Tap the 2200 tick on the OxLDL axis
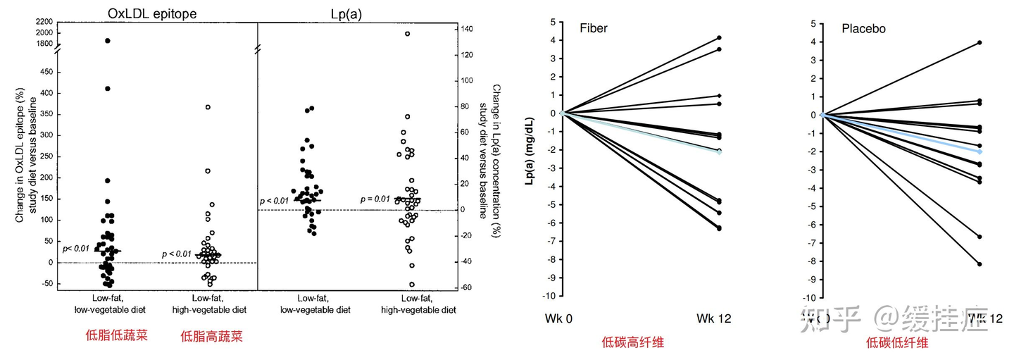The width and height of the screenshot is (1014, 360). [43, 23]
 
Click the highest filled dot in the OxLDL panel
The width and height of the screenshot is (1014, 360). [108, 41]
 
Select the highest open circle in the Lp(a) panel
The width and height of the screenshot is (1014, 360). [407, 33]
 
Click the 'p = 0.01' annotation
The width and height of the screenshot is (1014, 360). [375, 199]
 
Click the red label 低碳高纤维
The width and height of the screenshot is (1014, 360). [633, 343]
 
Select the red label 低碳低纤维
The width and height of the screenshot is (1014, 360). [897, 343]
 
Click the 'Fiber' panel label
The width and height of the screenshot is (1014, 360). [594, 29]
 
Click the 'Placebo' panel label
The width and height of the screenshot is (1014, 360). [863, 29]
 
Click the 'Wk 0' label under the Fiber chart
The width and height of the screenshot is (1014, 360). [558, 318]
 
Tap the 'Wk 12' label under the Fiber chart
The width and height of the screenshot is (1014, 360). [714, 318]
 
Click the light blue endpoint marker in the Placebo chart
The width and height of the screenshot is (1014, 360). [979, 151]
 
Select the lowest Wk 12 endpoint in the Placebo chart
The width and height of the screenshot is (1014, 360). [979, 264]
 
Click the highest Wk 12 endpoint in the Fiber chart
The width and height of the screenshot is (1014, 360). [718, 37]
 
